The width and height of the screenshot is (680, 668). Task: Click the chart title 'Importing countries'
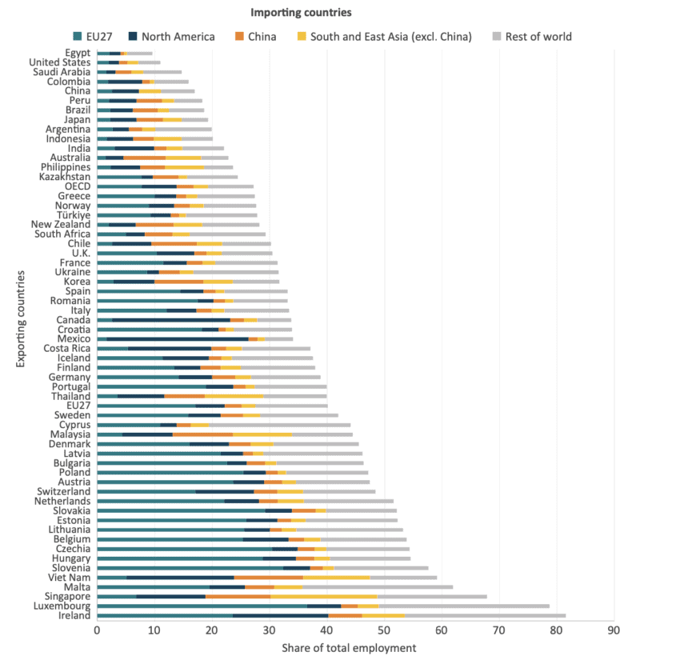click(x=301, y=13)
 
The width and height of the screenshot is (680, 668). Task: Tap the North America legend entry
click(x=177, y=36)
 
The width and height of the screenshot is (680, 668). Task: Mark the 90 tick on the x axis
click(x=614, y=630)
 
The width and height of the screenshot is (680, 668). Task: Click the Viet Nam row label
click(x=70, y=576)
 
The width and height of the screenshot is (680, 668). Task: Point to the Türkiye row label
click(x=72, y=214)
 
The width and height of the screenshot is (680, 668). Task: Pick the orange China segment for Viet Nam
click(x=269, y=576)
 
